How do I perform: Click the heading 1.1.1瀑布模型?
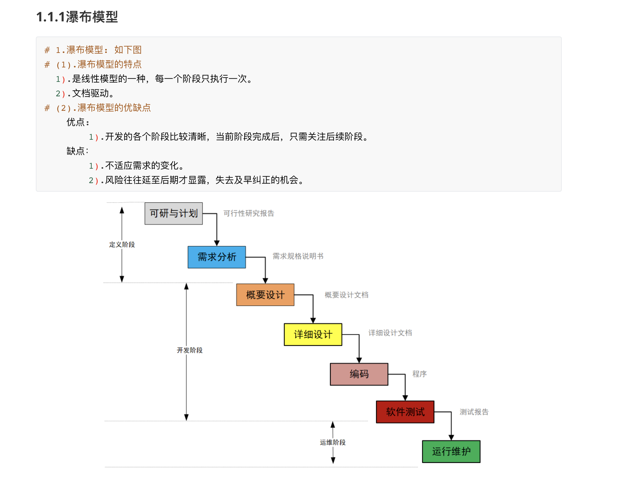pos(77,17)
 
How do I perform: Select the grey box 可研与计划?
pos(174,213)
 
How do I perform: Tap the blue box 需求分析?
pos(217,257)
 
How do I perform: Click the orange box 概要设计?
pos(265,295)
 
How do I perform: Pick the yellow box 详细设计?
pos(313,334)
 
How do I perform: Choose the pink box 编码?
pos(359,374)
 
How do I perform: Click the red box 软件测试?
pos(405,412)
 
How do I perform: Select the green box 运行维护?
pos(451,451)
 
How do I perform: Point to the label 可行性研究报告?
pos(249,213)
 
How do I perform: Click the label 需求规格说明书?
pos(298,256)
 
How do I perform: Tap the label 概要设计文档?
pos(346,295)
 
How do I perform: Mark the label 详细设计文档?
pos(390,333)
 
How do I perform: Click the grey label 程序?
pos(419,374)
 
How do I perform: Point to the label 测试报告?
pos(474,412)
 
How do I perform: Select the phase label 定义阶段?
pos(122,245)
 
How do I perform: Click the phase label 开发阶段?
pos(190,350)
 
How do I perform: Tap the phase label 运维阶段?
pos(333,443)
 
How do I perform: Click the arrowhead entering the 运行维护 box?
pos(451,438)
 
